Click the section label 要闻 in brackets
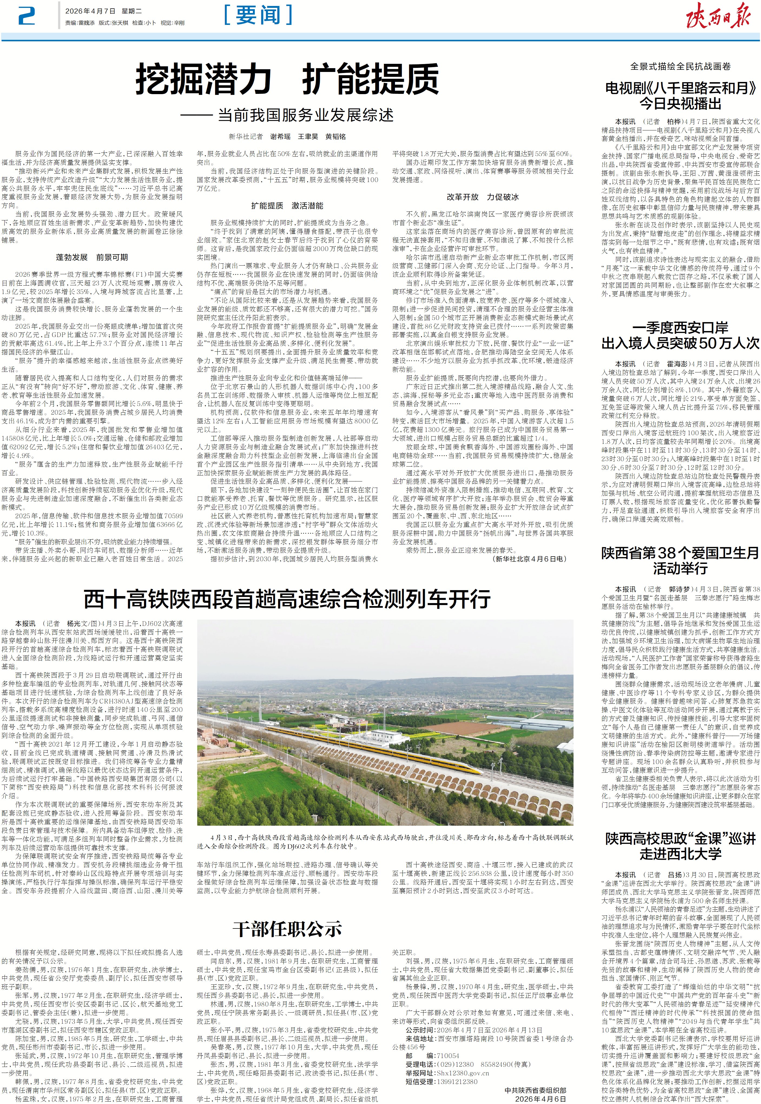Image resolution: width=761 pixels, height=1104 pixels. point(258,15)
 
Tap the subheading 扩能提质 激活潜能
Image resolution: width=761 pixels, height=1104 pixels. point(287,206)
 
